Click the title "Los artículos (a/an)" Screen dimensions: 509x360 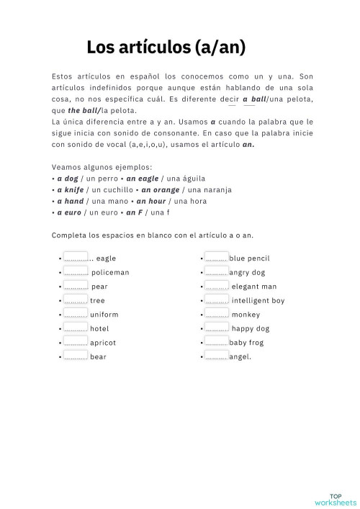click(166, 48)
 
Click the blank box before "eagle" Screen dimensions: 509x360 click(76, 257)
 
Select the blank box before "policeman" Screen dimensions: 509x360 click(76, 271)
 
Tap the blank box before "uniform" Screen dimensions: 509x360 click(76, 314)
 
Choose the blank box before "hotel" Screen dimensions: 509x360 click(76, 328)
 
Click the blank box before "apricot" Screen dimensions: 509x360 click(76, 342)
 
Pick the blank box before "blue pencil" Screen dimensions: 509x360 click(217, 257)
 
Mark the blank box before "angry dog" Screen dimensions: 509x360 click(217, 271)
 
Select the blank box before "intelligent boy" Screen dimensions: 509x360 click(217, 299)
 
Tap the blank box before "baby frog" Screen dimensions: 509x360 click(217, 342)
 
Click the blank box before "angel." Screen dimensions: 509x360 click(217, 356)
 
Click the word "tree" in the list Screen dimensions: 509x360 click(97, 300)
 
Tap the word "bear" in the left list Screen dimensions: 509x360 click(98, 357)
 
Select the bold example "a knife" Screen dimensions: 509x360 click(69, 189)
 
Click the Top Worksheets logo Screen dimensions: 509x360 click(335, 479)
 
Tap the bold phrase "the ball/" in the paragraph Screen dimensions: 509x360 click(84, 110)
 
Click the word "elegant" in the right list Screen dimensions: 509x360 click(244, 286)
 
